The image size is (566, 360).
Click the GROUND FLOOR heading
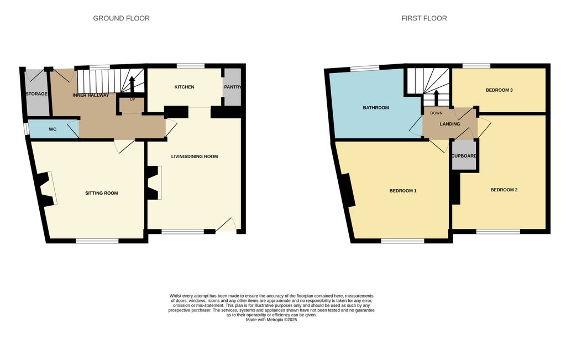tap(121, 18)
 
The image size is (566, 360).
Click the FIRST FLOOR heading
tap(424, 18)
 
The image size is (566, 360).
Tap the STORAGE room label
tap(36, 94)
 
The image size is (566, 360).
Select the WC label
tap(53, 129)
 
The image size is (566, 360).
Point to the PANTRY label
tap(233, 87)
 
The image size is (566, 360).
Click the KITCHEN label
tap(184, 87)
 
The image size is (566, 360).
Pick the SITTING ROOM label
tap(102, 193)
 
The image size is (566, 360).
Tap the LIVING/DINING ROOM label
tap(195, 156)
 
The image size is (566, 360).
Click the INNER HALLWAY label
tap(91, 95)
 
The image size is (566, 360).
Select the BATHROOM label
tap(376, 108)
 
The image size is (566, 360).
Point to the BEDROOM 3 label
tap(499, 90)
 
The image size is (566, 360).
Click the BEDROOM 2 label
tap(504, 190)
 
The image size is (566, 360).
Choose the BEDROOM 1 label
tap(403, 191)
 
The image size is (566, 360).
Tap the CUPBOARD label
tap(464, 156)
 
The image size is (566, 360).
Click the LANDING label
tap(450, 124)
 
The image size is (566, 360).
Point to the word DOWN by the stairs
tap(437, 113)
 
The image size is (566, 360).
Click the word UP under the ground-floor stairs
tap(132, 100)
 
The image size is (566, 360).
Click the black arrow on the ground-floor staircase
tap(132, 85)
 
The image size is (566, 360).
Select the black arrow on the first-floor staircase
tap(436, 97)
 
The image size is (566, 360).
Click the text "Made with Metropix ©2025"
tap(271, 320)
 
